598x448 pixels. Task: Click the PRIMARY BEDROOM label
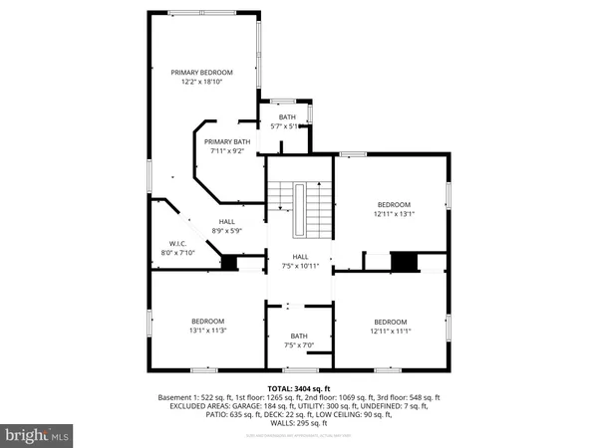pyautogui.click(x=201, y=73)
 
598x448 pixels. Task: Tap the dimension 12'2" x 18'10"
pyautogui.click(x=201, y=83)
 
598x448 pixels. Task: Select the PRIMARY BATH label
pyautogui.click(x=227, y=141)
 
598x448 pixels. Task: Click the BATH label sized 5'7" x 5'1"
pyautogui.click(x=287, y=117)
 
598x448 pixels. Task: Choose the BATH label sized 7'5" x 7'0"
pyautogui.click(x=299, y=336)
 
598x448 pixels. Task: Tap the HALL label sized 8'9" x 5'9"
pyautogui.click(x=227, y=222)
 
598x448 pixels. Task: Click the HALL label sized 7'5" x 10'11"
pyautogui.click(x=299, y=257)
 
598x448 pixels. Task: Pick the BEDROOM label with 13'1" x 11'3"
pyautogui.click(x=208, y=321)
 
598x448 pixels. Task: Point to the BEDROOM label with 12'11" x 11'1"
pyautogui.click(x=391, y=322)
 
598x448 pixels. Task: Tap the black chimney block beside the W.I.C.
pyautogui.click(x=228, y=263)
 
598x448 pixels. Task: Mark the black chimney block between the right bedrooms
pyautogui.click(x=404, y=262)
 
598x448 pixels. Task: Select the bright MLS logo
pyautogui.click(x=38, y=434)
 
